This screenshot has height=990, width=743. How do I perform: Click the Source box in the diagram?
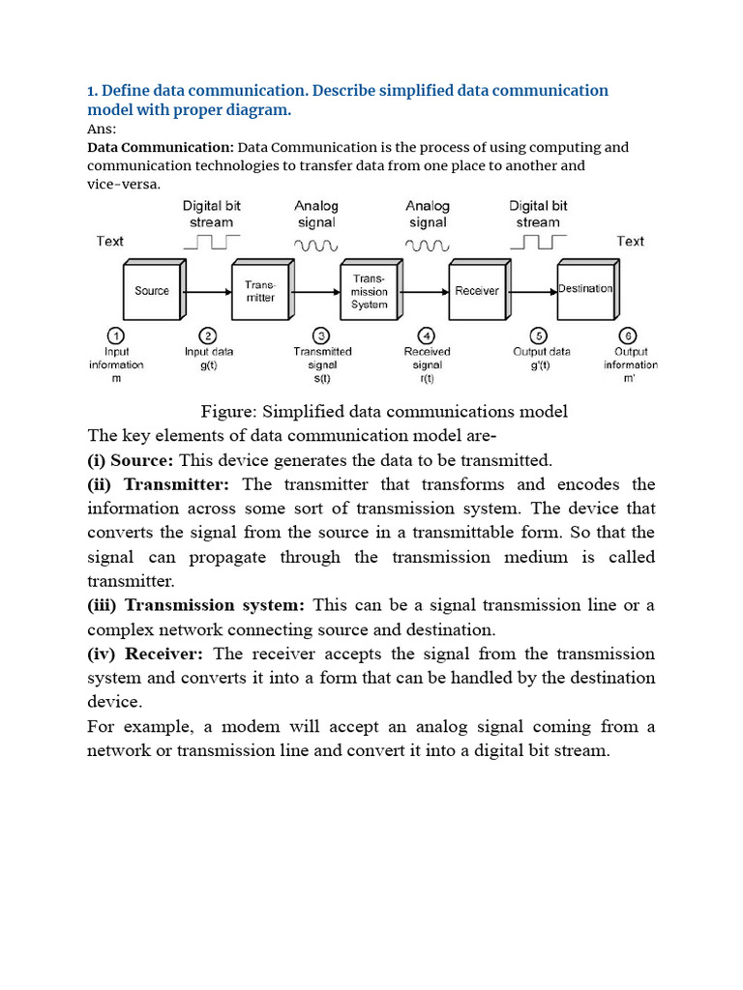pyautogui.click(x=152, y=291)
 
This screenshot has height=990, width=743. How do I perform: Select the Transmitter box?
pyautogui.click(x=260, y=291)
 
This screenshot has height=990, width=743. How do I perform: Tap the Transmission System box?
pyautogui.click(x=369, y=291)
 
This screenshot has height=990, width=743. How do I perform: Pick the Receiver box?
pyautogui.click(x=477, y=291)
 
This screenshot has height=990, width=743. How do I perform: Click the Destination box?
pyautogui.click(x=585, y=289)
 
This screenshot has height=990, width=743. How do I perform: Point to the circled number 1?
pyautogui.click(x=116, y=335)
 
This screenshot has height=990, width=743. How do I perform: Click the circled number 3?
pyautogui.click(x=322, y=335)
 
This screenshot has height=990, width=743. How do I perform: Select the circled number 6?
pyautogui.click(x=630, y=335)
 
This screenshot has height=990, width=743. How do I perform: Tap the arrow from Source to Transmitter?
pyautogui.click(x=206, y=291)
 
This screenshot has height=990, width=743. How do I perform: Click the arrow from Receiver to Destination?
pyautogui.click(x=531, y=291)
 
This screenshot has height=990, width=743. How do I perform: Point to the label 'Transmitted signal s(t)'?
pyautogui.click(x=322, y=365)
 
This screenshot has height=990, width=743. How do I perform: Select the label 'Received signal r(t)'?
pyautogui.click(x=427, y=365)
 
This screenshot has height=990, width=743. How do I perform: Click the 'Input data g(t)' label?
pyautogui.click(x=209, y=359)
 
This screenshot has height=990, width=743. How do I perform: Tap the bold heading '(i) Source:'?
pyautogui.click(x=131, y=460)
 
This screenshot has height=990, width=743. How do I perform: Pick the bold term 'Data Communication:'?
pyautogui.click(x=161, y=148)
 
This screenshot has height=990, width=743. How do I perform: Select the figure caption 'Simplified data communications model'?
pyautogui.click(x=385, y=412)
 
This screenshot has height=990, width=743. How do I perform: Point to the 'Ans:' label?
pyautogui.click(x=102, y=130)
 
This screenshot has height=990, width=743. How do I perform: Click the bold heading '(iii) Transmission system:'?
pyautogui.click(x=196, y=605)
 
